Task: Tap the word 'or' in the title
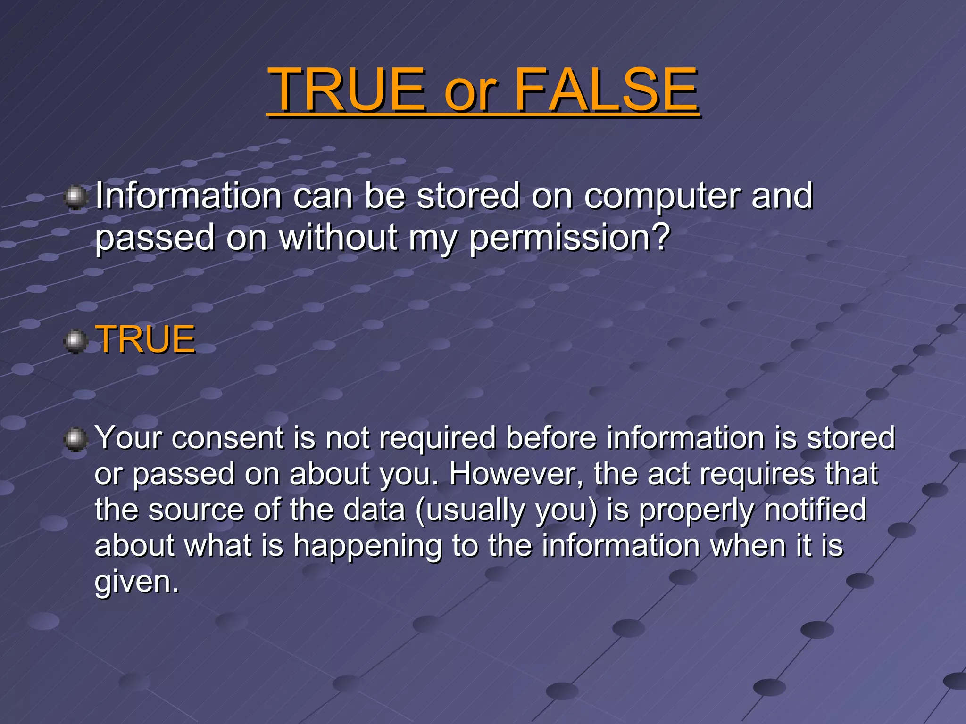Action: (470, 92)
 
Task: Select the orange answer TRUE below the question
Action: (145, 339)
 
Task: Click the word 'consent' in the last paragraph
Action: (227, 438)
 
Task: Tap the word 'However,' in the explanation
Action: (516, 474)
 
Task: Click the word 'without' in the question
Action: (338, 237)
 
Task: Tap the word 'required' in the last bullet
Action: (437, 438)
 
